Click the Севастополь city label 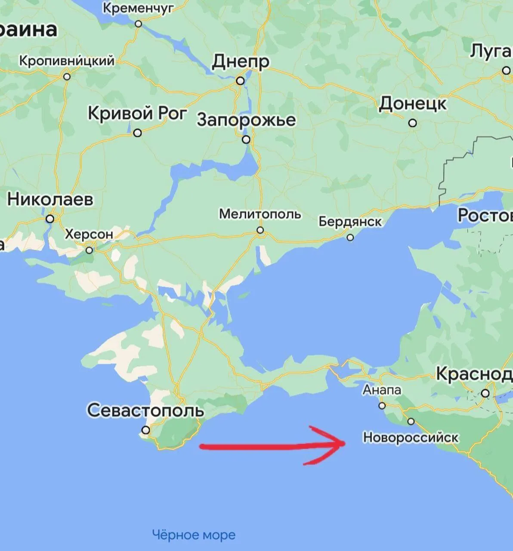(x=145, y=410)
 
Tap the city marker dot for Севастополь (x=146, y=430)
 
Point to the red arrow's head (x=340, y=443)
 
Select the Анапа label (x=382, y=390)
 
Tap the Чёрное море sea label (x=194, y=535)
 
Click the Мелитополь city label (x=260, y=214)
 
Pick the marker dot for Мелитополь (x=260, y=230)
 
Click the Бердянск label (x=350, y=222)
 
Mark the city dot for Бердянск (x=350, y=238)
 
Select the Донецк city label (x=413, y=104)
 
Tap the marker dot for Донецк (x=413, y=123)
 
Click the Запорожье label (x=247, y=120)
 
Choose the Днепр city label (x=241, y=62)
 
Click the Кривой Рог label (x=138, y=114)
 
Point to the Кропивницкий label (x=67, y=61)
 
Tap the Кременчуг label (x=138, y=8)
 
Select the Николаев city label (x=50, y=200)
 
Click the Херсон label (x=89, y=235)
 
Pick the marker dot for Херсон (x=89, y=250)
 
